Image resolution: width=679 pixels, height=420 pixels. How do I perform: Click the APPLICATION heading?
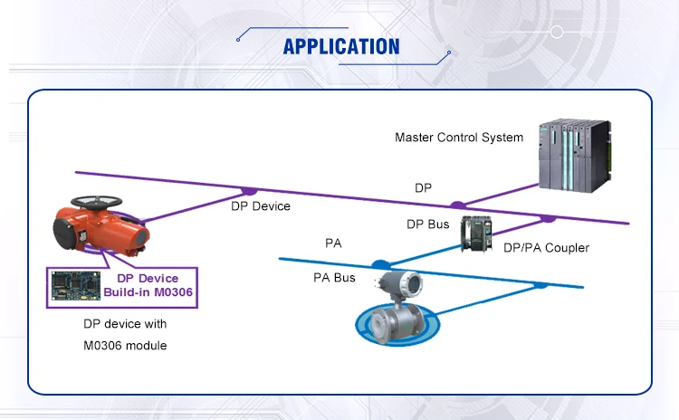coord(340,45)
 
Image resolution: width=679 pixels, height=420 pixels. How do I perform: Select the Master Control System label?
coord(458,138)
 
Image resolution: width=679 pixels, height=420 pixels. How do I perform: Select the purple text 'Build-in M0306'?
coord(148,292)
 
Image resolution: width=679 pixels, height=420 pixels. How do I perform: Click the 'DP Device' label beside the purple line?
coord(260,206)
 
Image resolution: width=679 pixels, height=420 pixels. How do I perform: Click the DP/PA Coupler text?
coord(547,248)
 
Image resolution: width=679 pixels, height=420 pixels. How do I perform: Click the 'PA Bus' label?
coord(334,278)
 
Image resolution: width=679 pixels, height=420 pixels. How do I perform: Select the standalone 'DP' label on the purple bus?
coord(423,187)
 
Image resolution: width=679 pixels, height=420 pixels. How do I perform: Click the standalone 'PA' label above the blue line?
coord(333,243)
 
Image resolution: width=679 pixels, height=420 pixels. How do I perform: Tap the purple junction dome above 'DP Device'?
coord(248,191)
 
